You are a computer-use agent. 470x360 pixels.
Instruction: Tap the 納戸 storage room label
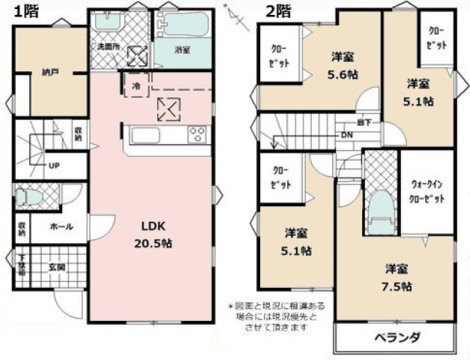pyautogui.click(x=49, y=73)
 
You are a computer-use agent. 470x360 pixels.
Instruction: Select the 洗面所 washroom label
pyautogui.click(x=105, y=47)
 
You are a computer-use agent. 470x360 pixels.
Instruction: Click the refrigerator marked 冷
pyautogui.click(x=136, y=85)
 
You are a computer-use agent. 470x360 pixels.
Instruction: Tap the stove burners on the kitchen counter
pyautogui.click(x=197, y=136)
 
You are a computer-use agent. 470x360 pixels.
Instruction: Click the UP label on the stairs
pyautogui.click(x=54, y=166)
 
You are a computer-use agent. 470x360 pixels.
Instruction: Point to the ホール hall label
pyautogui.click(x=61, y=226)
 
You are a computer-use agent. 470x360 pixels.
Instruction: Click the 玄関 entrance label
pyautogui.click(x=57, y=267)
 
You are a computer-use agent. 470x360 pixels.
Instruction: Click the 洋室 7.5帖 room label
pyautogui.click(x=398, y=277)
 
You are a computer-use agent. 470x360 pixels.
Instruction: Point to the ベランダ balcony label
pyautogui.click(x=397, y=336)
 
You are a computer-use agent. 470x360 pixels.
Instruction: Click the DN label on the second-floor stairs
pyautogui.click(x=346, y=135)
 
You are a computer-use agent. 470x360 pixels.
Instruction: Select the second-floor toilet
pyautogui.click(x=382, y=207)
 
